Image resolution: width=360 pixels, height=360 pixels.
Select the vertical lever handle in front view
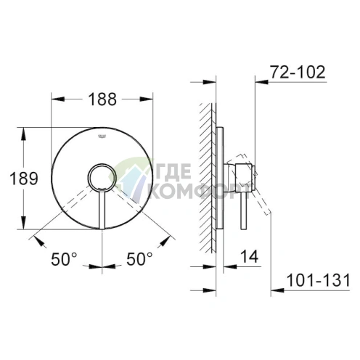pyautogui.click(x=101, y=210)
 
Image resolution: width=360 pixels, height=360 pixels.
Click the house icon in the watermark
pyautogui.click(x=135, y=182)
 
